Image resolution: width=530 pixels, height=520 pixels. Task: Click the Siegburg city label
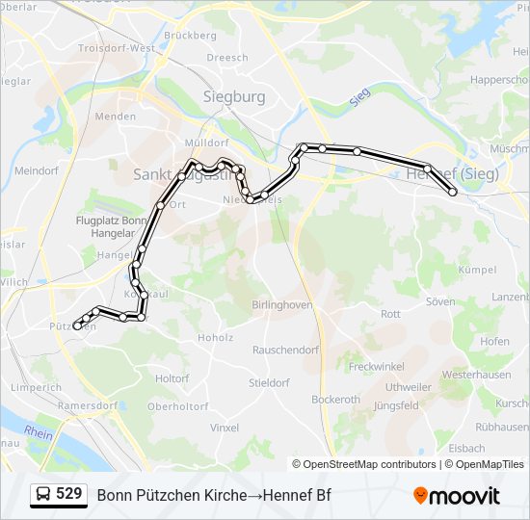click(234, 96)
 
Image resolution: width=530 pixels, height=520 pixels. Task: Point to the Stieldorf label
click(269, 382)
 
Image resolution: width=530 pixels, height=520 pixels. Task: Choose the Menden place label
click(115, 116)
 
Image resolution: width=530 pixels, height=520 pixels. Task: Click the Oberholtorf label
click(177, 406)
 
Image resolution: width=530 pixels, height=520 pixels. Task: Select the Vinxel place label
click(224, 427)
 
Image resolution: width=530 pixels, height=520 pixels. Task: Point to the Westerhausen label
click(476, 374)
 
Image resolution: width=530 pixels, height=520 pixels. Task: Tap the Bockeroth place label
click(335, 400)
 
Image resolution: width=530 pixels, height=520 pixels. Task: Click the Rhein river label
click(39, 433)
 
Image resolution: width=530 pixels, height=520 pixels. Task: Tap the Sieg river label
click(360, 96)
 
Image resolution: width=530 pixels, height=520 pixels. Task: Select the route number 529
click(68, 494)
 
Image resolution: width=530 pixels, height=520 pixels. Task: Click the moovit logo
click(457, 495)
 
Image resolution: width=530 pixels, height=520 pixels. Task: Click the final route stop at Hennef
click(453, 193)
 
